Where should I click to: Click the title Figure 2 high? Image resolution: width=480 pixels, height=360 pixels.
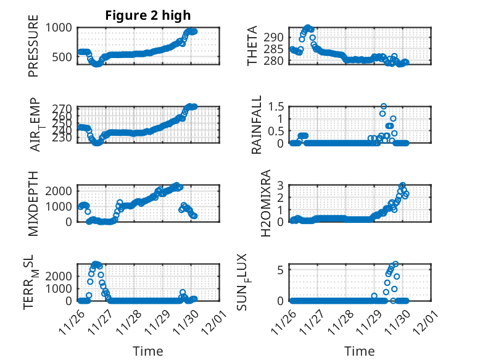pos(148,15)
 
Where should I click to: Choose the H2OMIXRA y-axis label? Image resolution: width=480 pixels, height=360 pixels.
pos(266,204)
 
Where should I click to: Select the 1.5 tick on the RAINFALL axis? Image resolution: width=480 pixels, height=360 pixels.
pos(279,106)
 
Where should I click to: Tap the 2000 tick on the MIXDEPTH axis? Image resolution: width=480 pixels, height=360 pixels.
pos(61,191)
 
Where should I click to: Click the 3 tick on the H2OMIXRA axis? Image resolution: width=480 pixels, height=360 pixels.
pos(284,185)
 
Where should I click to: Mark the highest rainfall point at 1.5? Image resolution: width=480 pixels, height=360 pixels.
pos(384,106)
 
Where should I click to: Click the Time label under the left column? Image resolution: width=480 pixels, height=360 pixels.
pos(148,351)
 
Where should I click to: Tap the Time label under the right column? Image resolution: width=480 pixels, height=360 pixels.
pos(360,351)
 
